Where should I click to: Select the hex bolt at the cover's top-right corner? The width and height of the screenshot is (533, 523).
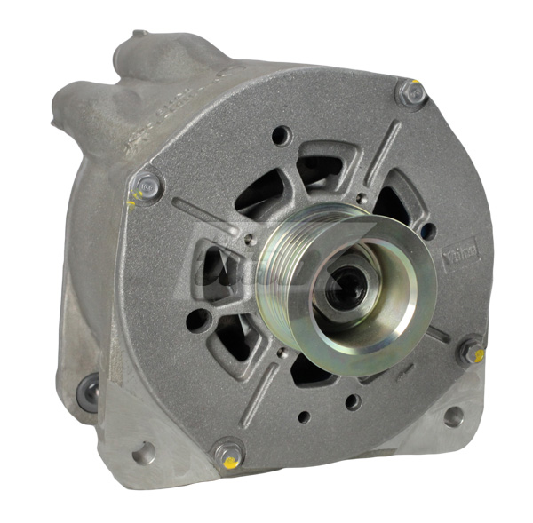(410, 92)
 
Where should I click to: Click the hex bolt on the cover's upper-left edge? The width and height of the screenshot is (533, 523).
(148, 186)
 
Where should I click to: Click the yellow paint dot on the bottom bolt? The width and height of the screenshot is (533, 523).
(232, 464)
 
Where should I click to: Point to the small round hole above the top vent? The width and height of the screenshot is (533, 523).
(282, 136)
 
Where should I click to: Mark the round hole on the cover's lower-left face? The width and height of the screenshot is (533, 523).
(201, 321)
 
